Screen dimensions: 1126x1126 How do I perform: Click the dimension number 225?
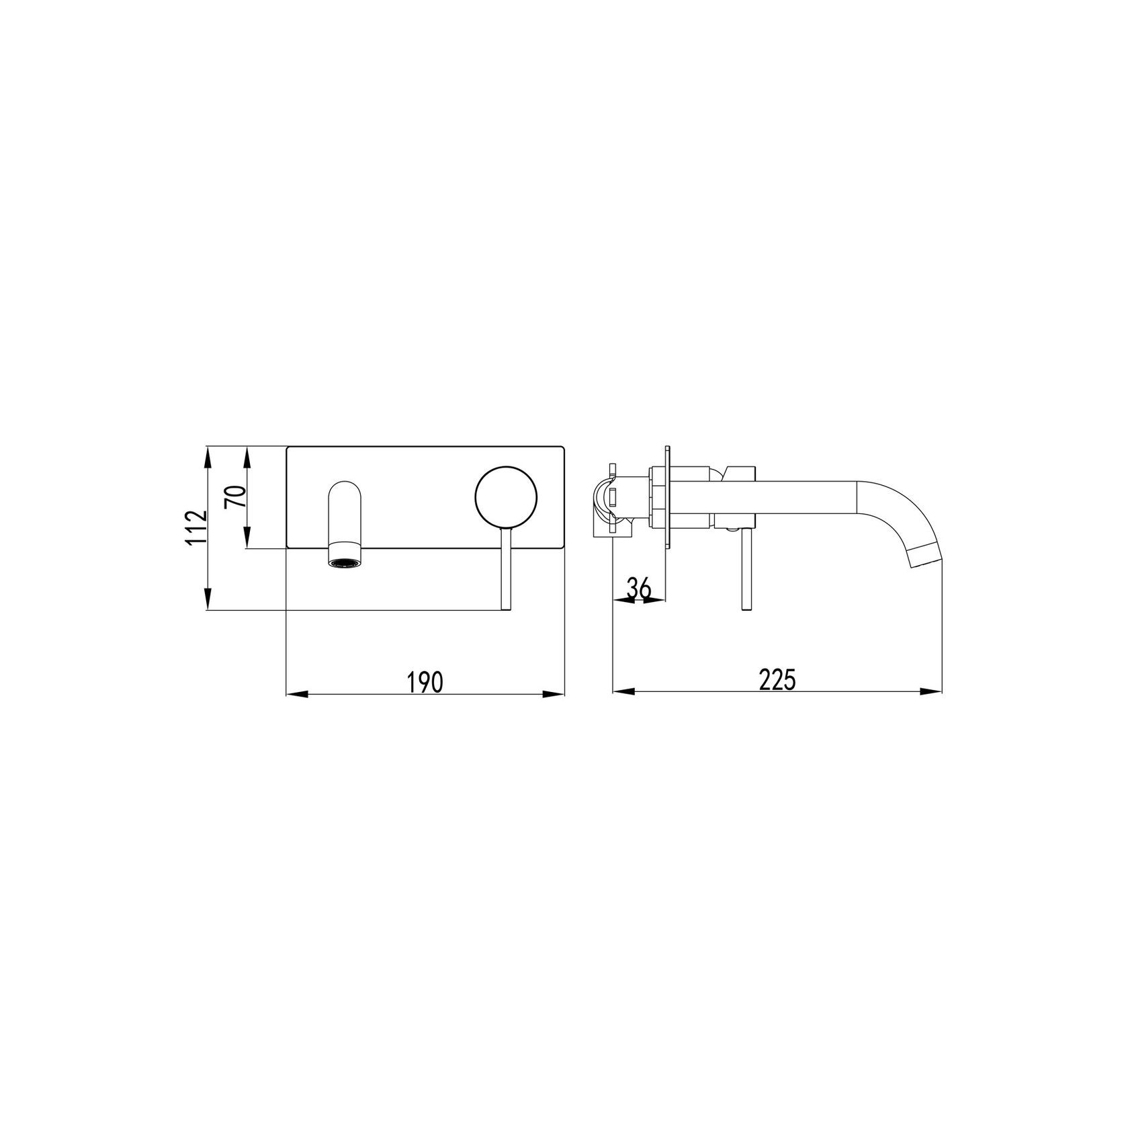click(777, 679)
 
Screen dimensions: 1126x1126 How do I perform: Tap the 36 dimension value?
click(639, 588)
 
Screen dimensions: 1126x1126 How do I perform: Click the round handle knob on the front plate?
click(507, 496)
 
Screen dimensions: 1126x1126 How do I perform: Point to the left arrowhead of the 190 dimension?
click(296, 694)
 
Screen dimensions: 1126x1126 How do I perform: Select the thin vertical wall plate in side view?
click(666, 496)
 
